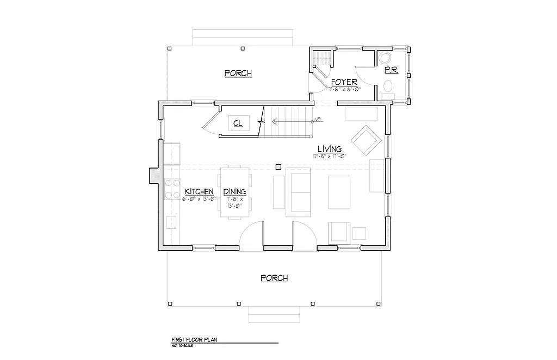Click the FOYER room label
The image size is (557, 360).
click(344, 82)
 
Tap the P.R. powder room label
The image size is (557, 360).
click(391, 70)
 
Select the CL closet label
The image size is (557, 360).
click(238, 123)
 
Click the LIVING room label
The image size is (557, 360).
click(330, 148)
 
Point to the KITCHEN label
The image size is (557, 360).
click(199, 191)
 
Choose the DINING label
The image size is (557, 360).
click(234, 191)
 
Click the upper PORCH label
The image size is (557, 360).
click(238, 73)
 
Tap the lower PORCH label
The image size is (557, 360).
click(274, 278)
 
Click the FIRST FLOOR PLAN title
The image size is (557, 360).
click(195, 338)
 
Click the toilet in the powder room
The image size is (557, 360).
click(388, 87)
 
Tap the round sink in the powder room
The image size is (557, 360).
click(385, 58)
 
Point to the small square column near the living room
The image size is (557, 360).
click(278, 167)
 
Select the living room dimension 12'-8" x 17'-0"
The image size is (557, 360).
click(330, 156)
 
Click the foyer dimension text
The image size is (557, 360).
click(344, 89)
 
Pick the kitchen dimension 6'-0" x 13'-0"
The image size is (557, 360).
click(201, 198)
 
